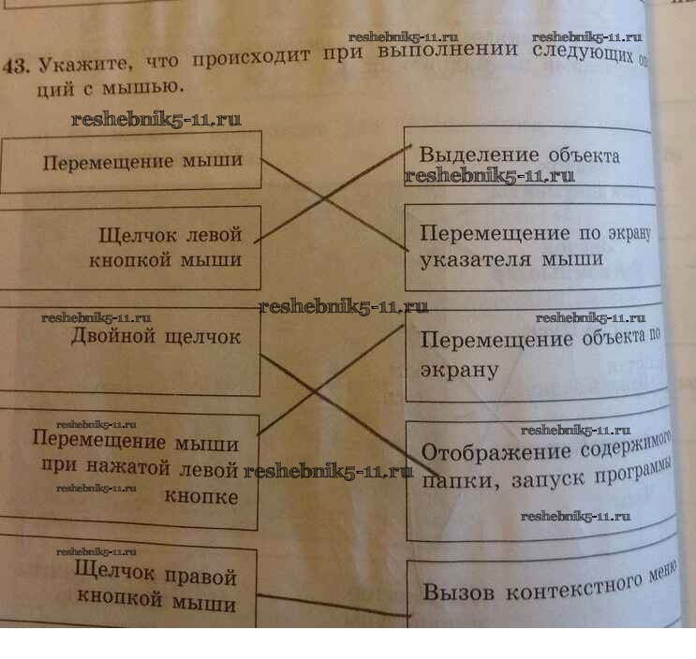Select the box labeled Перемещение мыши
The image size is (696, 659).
tap(131, 162)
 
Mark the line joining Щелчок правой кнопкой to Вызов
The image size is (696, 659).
tap(333, 604)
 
